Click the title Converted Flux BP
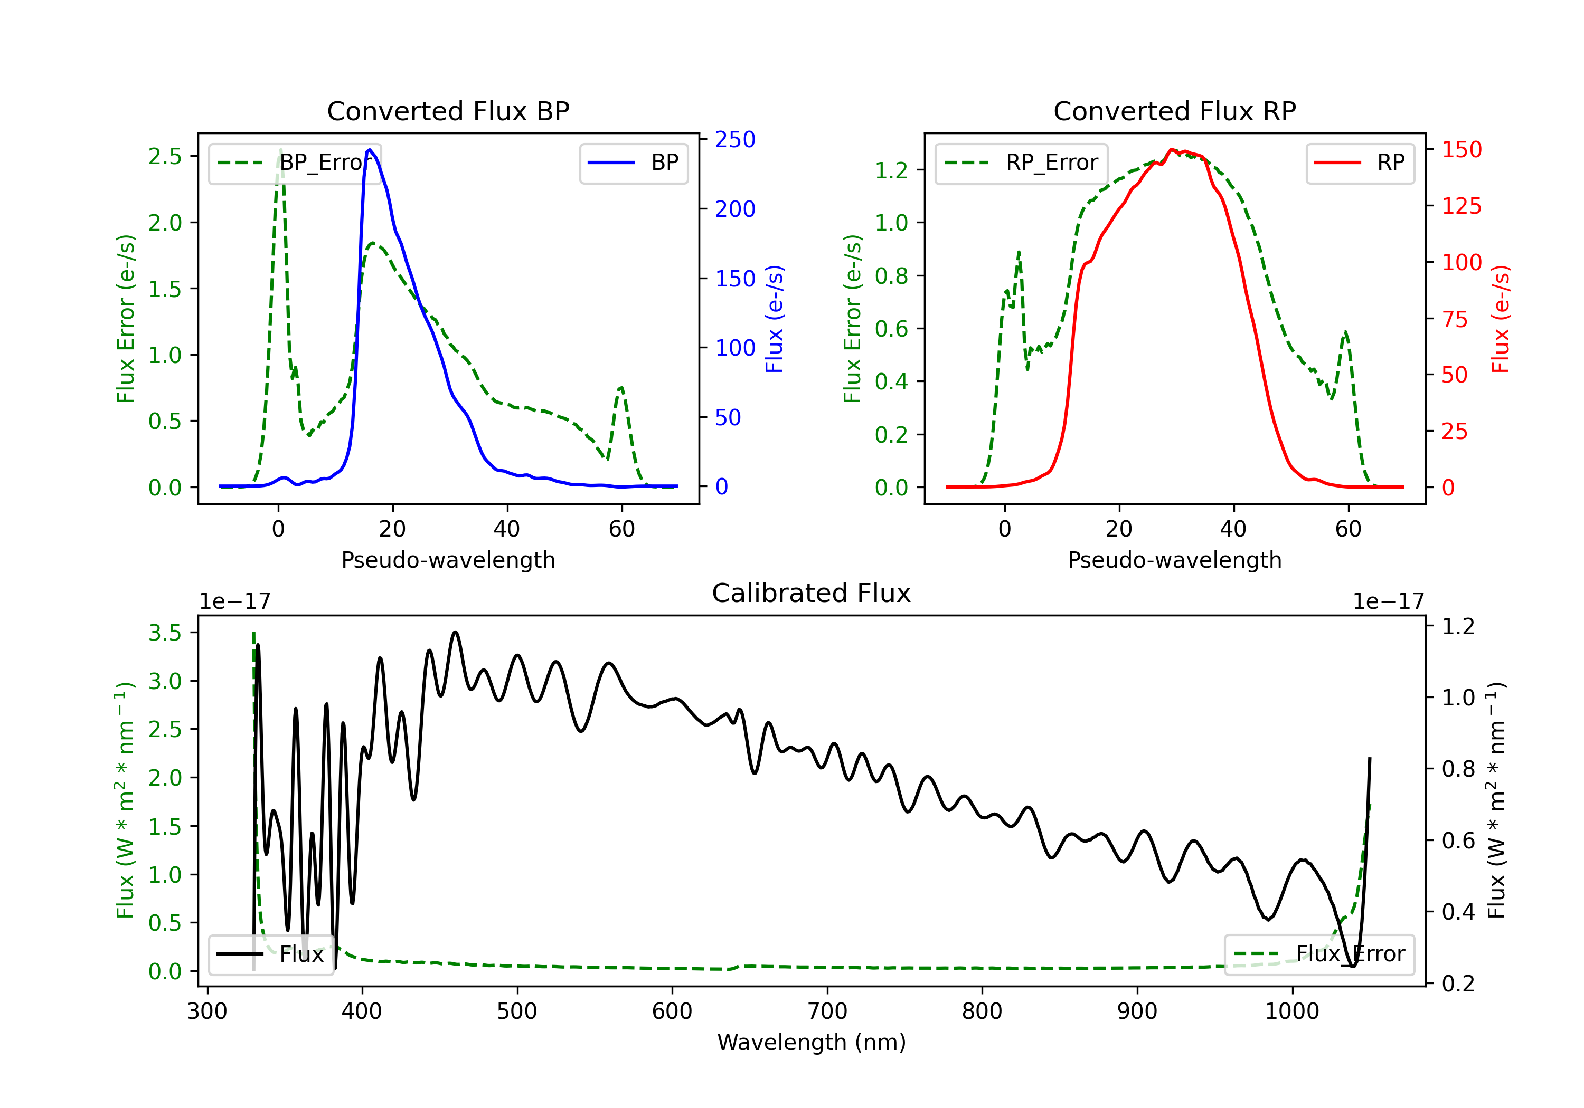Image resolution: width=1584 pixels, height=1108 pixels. (x=448, y=111)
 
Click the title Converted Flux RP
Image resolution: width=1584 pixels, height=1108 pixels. (x=1174, y=111)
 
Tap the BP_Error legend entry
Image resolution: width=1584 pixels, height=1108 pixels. (x=295, y=163)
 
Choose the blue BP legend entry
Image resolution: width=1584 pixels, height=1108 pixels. (x=633, y=163)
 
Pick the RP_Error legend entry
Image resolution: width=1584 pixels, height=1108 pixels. (x=1021, y=163)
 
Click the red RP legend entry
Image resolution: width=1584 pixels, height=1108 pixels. (x=1360, y=163)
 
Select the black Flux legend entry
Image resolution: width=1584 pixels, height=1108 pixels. (x=270, y=954)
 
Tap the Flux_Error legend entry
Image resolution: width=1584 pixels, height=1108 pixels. (x=1319, y=954)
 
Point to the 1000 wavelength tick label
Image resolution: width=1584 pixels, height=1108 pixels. (x=1291, y=1011)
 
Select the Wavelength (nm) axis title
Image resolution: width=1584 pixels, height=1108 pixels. (x=812, y=1042)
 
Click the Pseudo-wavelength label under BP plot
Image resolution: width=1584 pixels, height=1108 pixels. (x=448, y=560)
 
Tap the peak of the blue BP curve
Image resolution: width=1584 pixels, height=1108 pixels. (x=370, y=150)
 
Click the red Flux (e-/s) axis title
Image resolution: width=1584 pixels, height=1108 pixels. (x=1500, y=319)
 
